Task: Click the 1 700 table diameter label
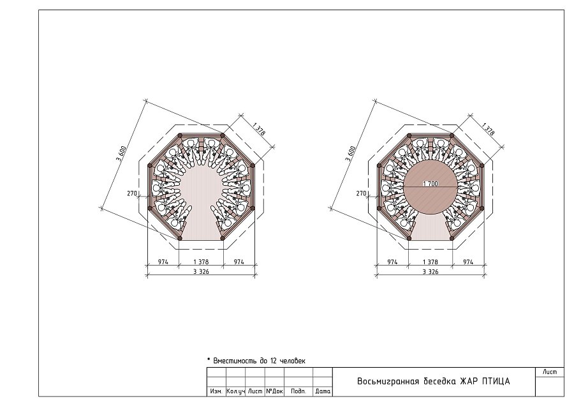pyautogui.click(x=430, y=184)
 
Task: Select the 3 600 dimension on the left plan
pyautogui.click(x=121, y=154)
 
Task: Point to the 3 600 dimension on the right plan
pyautogui.click(x=351, y=154)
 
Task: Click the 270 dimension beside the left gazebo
pyautogui.click(x=132, y=193)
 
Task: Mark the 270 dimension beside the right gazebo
pyautogui.click(x=362, y=193)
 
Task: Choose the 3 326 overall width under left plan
pyautogui.click(x=201, y=271)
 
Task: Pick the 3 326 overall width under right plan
pyautogui.click(x=430, y=271)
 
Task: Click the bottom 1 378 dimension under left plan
pyautogui.click(x=201, y=262)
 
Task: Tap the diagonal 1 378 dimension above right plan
pyautogui.click(x=489, y=129)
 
